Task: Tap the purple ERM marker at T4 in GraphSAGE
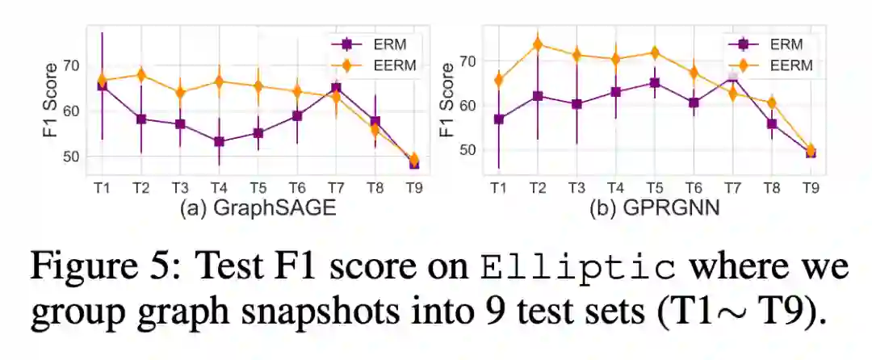click(218, 141)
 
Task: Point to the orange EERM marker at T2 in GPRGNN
click(537, 44)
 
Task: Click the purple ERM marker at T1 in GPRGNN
click(499, 119)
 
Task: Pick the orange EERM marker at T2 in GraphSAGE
click(141, 75)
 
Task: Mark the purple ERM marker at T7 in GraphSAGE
click(336, 88)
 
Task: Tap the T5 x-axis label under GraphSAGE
click(258, 187)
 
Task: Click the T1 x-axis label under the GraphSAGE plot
click(102, 187)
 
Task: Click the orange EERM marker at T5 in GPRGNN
click(655, 53)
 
